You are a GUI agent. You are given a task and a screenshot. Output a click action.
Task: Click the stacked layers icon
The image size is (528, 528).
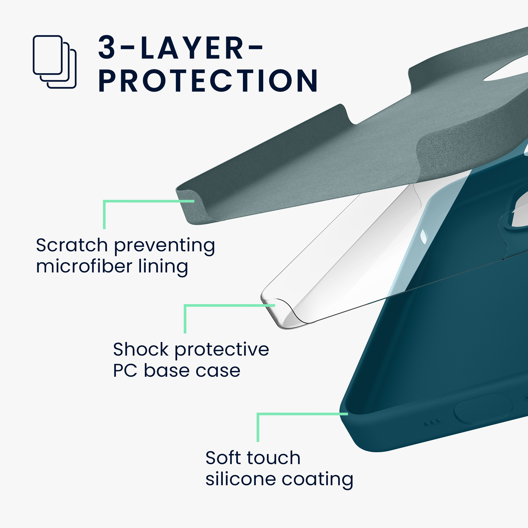click(x=54, y=62)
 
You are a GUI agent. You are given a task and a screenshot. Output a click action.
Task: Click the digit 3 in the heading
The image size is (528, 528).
click(x=107, y=48)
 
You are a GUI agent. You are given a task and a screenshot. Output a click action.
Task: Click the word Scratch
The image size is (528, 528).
click(x=72, y=245)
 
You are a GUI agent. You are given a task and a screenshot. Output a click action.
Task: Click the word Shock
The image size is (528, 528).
click(x=141, y=350)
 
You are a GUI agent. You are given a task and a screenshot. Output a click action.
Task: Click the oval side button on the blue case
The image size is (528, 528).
click(x=483, y=409)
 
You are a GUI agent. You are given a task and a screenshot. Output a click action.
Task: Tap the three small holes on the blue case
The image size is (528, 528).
click(x=432, y=422)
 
